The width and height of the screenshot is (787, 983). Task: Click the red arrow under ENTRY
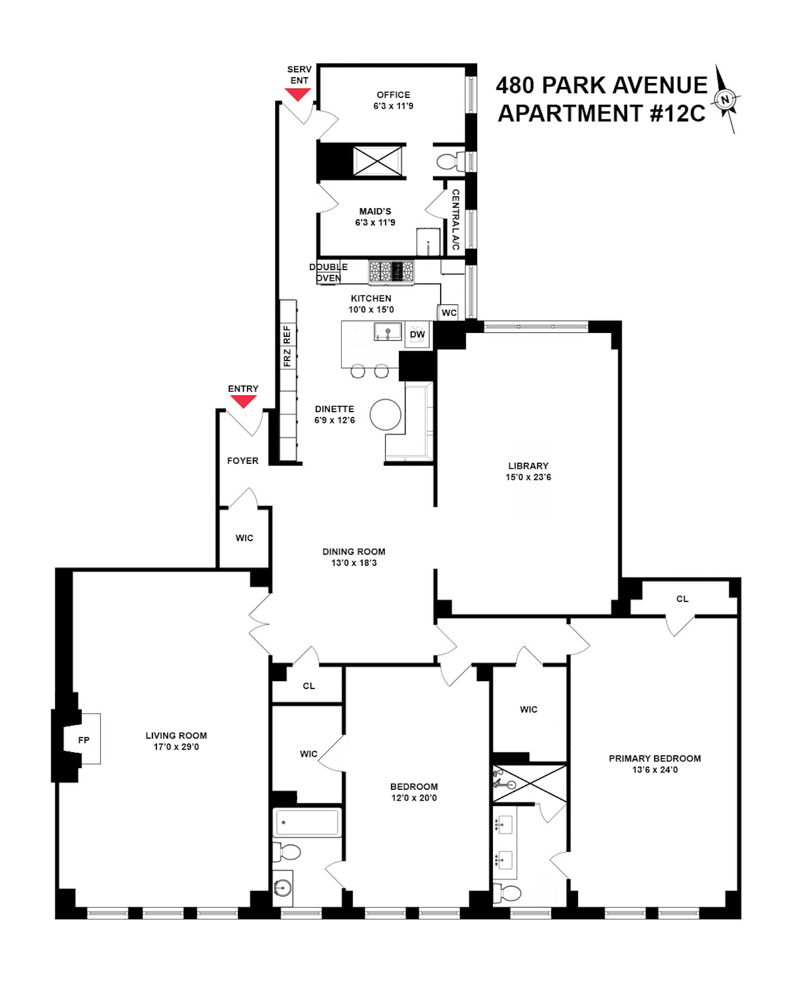(x=243, y=402)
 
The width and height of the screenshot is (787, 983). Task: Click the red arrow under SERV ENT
(x=298, y=94)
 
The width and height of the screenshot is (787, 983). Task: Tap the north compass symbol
(x=725, y=99)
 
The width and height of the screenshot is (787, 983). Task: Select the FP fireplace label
(x=84, y=740)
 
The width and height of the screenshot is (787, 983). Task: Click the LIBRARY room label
(x=528, y=466)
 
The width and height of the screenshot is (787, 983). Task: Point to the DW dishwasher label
(x=417, y=334)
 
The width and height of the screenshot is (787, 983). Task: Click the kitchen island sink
(x=388, y=331)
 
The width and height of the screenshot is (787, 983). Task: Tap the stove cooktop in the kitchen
(x=392, y=271)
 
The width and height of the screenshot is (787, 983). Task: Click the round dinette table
(x=386, y=415)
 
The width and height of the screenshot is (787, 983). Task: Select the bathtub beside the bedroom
(x=307, y=823)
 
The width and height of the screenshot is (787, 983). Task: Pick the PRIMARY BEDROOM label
(x=655, y=758)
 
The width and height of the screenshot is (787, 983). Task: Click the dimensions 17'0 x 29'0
(x=176, y=746)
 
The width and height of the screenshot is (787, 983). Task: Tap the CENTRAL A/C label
(x=455, y=219)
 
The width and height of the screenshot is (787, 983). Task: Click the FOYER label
(x=242, y=461)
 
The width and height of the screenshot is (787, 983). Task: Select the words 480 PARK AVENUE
(x=602, y=86)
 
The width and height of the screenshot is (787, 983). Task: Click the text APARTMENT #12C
(x=602, y=114)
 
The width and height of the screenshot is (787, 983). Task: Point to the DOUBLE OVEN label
(x=328, y=272)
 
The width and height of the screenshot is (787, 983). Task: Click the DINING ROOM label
(x=354, y=552)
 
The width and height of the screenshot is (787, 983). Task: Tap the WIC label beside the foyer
(x=244, y=538)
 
